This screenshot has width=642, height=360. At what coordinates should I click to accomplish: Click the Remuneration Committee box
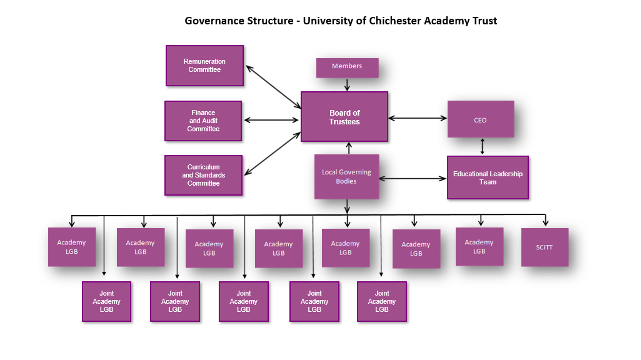pyautogui.click(x=204, y=66)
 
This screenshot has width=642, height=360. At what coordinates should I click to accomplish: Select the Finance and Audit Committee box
pyautogui.click(x=203, y=121)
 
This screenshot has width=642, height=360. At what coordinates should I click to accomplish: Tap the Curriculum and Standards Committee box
pyautogui.click(x=203, y=176)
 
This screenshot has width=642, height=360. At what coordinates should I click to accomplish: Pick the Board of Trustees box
pyautogui.click(x=344, y=117)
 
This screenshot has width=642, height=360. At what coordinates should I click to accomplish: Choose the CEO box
pyautogui.click(x=480, y=119)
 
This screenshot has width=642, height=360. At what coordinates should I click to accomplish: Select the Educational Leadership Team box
pyautogui.click(x=488, y=177)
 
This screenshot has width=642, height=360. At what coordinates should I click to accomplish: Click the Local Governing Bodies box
pyautogui.click(x=346, y=177)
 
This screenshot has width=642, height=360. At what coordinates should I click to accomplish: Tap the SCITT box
pyautogui.click(x=544, y=247)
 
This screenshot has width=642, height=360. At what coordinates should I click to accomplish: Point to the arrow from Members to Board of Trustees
pyautogui.click(x=347, y=84)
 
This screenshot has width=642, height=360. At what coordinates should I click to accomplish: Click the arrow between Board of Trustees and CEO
pyautogui.click(x=418, y=117)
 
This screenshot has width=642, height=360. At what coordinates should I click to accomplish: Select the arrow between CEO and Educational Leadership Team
pyautogui.click(x=482, y=146)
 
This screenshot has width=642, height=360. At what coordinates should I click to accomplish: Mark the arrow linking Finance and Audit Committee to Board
pyautogui.click(x=271, y=119)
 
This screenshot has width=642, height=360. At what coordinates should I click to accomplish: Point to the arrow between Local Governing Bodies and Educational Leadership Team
pyautogui.click(x=413, y=179)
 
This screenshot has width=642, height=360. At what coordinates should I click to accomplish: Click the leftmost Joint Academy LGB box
pyautogui.click(x=106, y=301)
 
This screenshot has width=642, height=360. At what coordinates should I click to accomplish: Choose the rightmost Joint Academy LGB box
pyautogui.click(x=381, y=301)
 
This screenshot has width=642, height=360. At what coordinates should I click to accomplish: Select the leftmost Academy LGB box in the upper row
pyautogui.click(x=72, y=247)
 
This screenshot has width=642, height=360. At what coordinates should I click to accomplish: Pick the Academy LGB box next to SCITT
pyautogui.click(x=479, y=246)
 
